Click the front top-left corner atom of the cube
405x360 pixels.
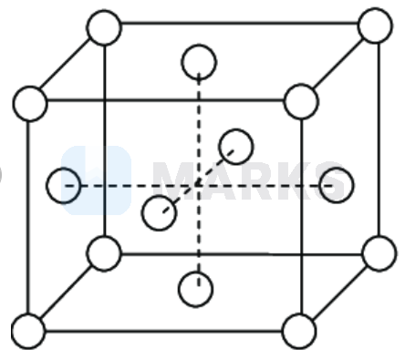coord(30,103)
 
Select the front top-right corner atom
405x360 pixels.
coord(300,101)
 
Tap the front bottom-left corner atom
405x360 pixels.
coord(27,330)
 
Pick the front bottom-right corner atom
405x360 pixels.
coord(298,330)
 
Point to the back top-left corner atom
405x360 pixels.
coord(104,27)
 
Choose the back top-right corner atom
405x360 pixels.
coord(374,26)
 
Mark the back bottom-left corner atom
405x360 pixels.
coord(103,253)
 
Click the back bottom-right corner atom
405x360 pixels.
coord(379,252)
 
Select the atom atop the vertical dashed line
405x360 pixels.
coord(199,63)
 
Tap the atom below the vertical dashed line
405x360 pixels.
coord(195,290)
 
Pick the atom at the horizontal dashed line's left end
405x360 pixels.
coord(64,185)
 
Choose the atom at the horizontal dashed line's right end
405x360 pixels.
coord(336,185)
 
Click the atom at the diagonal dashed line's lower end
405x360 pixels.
coord(159,212)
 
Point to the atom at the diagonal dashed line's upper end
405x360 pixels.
coord(235,146)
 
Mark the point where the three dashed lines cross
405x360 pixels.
coord(197,185)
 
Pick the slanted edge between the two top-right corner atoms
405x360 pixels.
coord(337,63)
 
